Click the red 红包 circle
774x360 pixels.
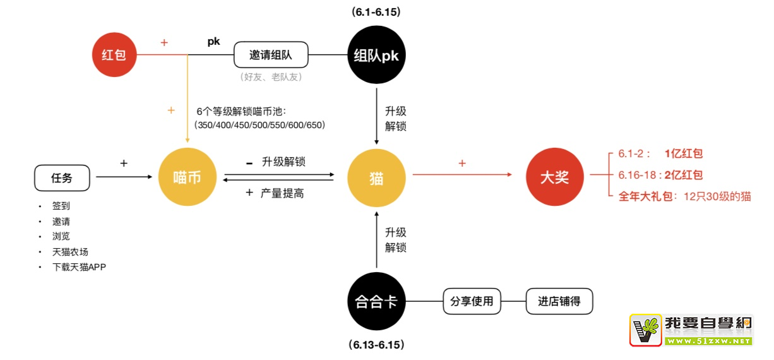114,55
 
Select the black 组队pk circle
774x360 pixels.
376,55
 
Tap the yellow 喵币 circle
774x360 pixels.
187,177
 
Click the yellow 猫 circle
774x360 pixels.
376,177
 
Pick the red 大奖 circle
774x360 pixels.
554,177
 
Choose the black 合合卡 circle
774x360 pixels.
376,302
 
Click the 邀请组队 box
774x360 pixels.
271,55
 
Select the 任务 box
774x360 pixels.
62,178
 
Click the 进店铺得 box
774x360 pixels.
559,302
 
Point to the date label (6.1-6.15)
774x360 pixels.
376,12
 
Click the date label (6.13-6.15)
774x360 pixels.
376,345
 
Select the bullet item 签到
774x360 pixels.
61,207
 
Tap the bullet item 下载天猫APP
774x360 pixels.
80,267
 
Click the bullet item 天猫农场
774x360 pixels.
70,252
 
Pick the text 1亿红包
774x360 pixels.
684,153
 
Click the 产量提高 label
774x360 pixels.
282,193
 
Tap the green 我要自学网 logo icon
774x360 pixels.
645,330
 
